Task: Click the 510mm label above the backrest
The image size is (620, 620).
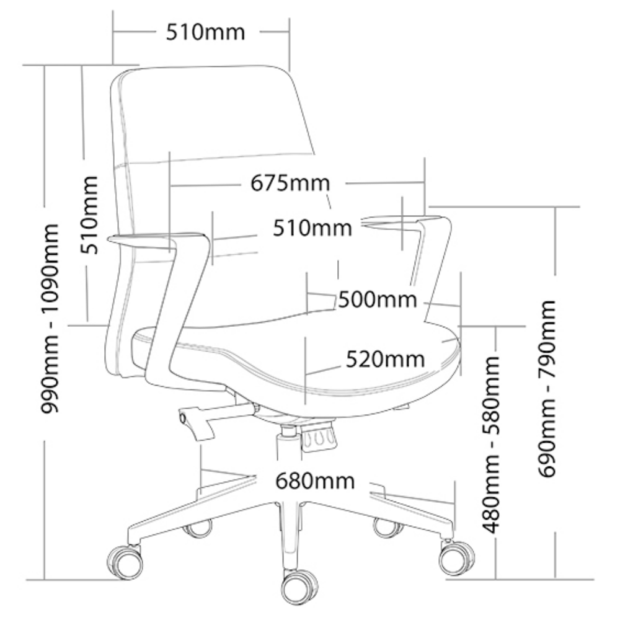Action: click(205, 32)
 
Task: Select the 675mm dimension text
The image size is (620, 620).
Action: click(290, 183)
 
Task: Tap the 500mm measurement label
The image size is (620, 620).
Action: click(378, 299)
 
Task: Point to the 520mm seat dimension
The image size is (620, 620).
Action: click(385, 360)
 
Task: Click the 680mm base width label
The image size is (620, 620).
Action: click(315, 481)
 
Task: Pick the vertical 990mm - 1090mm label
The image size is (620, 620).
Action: click(50, 319)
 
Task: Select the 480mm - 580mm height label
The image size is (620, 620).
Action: click(491, 445)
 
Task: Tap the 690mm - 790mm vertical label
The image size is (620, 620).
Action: click(547, 389)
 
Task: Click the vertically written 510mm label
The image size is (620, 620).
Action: click(89, 215)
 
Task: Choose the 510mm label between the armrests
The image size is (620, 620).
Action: click(312, 228)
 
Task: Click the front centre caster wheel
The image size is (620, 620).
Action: click(299, 587)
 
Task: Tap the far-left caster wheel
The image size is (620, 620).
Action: click(125, 562)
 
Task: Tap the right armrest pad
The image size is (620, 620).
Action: click(406, 221)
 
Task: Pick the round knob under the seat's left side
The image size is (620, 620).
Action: click(183, 417)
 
